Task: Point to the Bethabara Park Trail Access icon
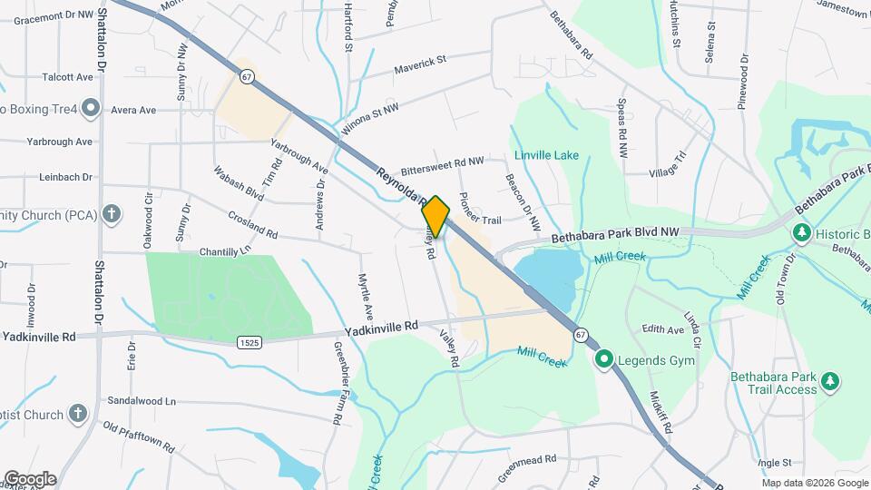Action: pyautogui.click(x=829, y=380)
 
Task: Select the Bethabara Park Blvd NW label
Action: pyautogui.click(x=616, y=235)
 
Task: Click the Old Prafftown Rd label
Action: pyautogui.click(x=138, y=437)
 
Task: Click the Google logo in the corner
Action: pyautogui.click(x=30, y=478)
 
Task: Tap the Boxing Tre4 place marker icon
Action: pyautogui.click(x=90, y=110)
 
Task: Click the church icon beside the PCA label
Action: pyautogui.click(x=112, y=215)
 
